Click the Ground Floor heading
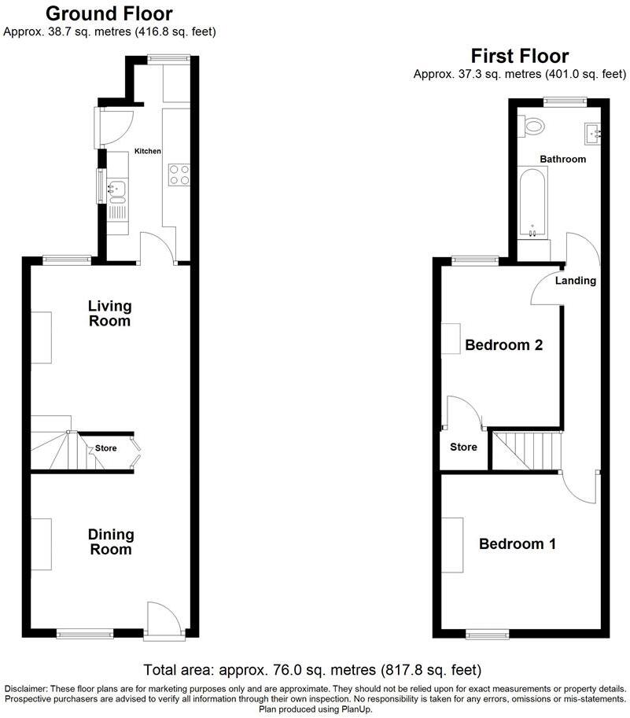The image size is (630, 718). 109,13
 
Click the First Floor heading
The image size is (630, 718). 519,56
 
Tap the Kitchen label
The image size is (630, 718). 147,151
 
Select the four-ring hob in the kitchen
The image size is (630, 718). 177,174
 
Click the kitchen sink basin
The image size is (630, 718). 116,188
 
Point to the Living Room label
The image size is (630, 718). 109,313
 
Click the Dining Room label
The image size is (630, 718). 110,542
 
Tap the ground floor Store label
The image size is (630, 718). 105,449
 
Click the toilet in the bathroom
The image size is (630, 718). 534,124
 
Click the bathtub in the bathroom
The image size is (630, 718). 532,202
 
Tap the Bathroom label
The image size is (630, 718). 562,159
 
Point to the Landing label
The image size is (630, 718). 576,281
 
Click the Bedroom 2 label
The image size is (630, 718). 504,344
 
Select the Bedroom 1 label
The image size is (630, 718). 518,543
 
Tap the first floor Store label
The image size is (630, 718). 463,447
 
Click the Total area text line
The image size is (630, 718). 311,670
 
